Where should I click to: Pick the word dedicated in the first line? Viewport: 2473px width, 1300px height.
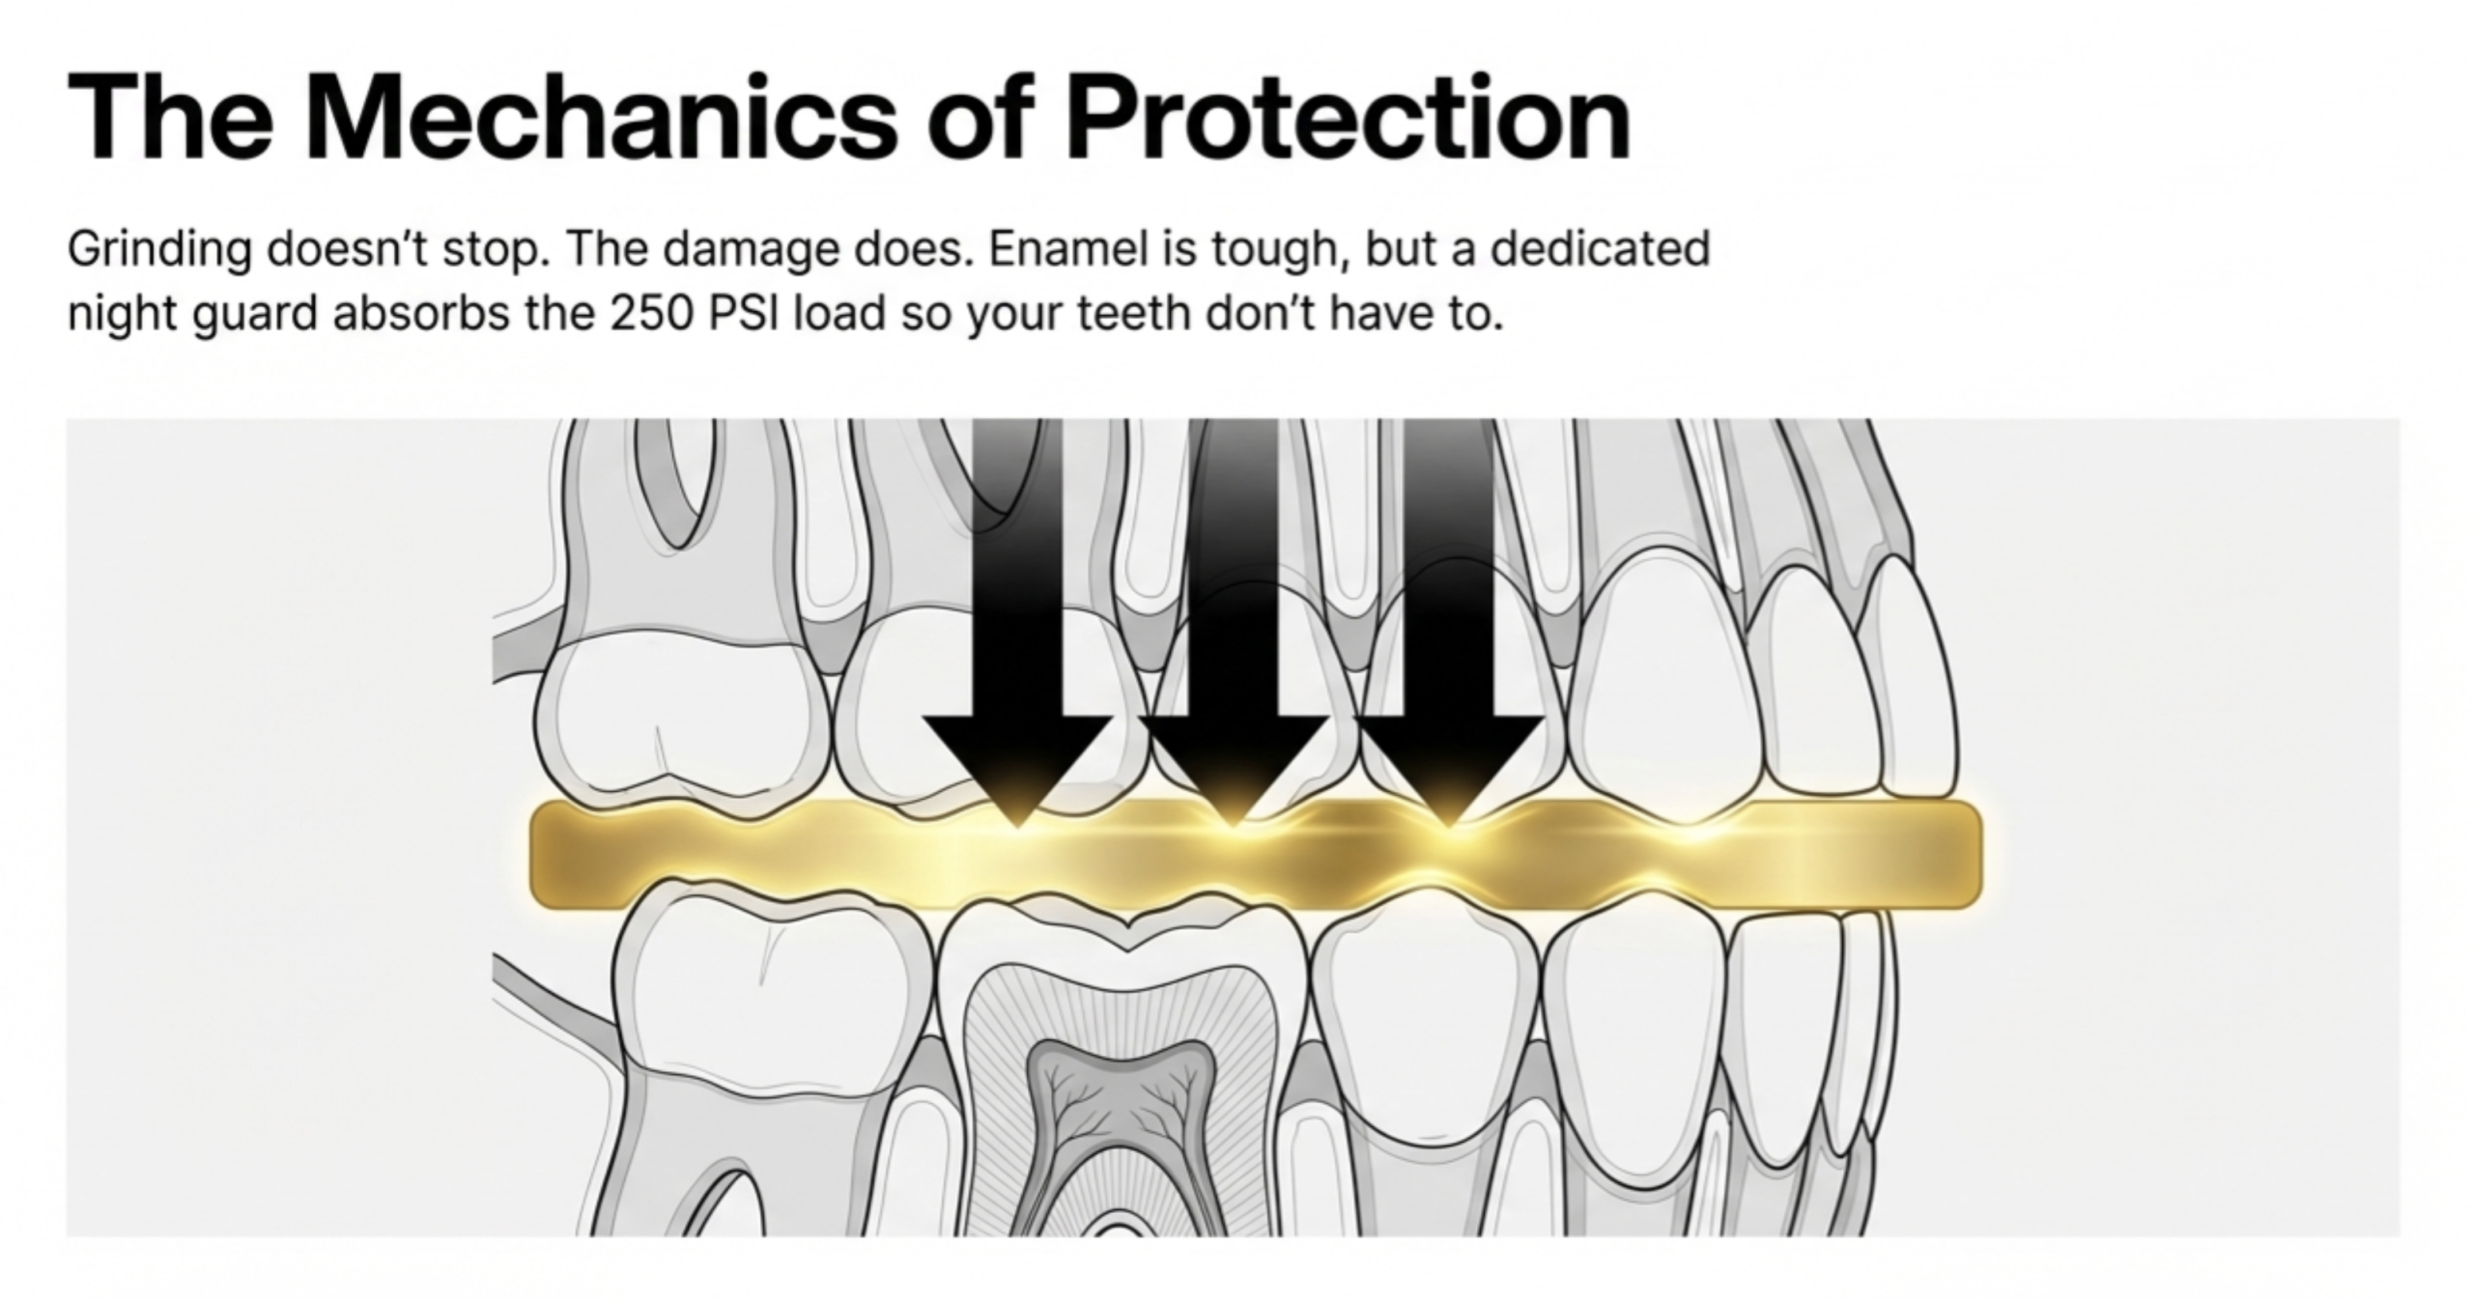1600,249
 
